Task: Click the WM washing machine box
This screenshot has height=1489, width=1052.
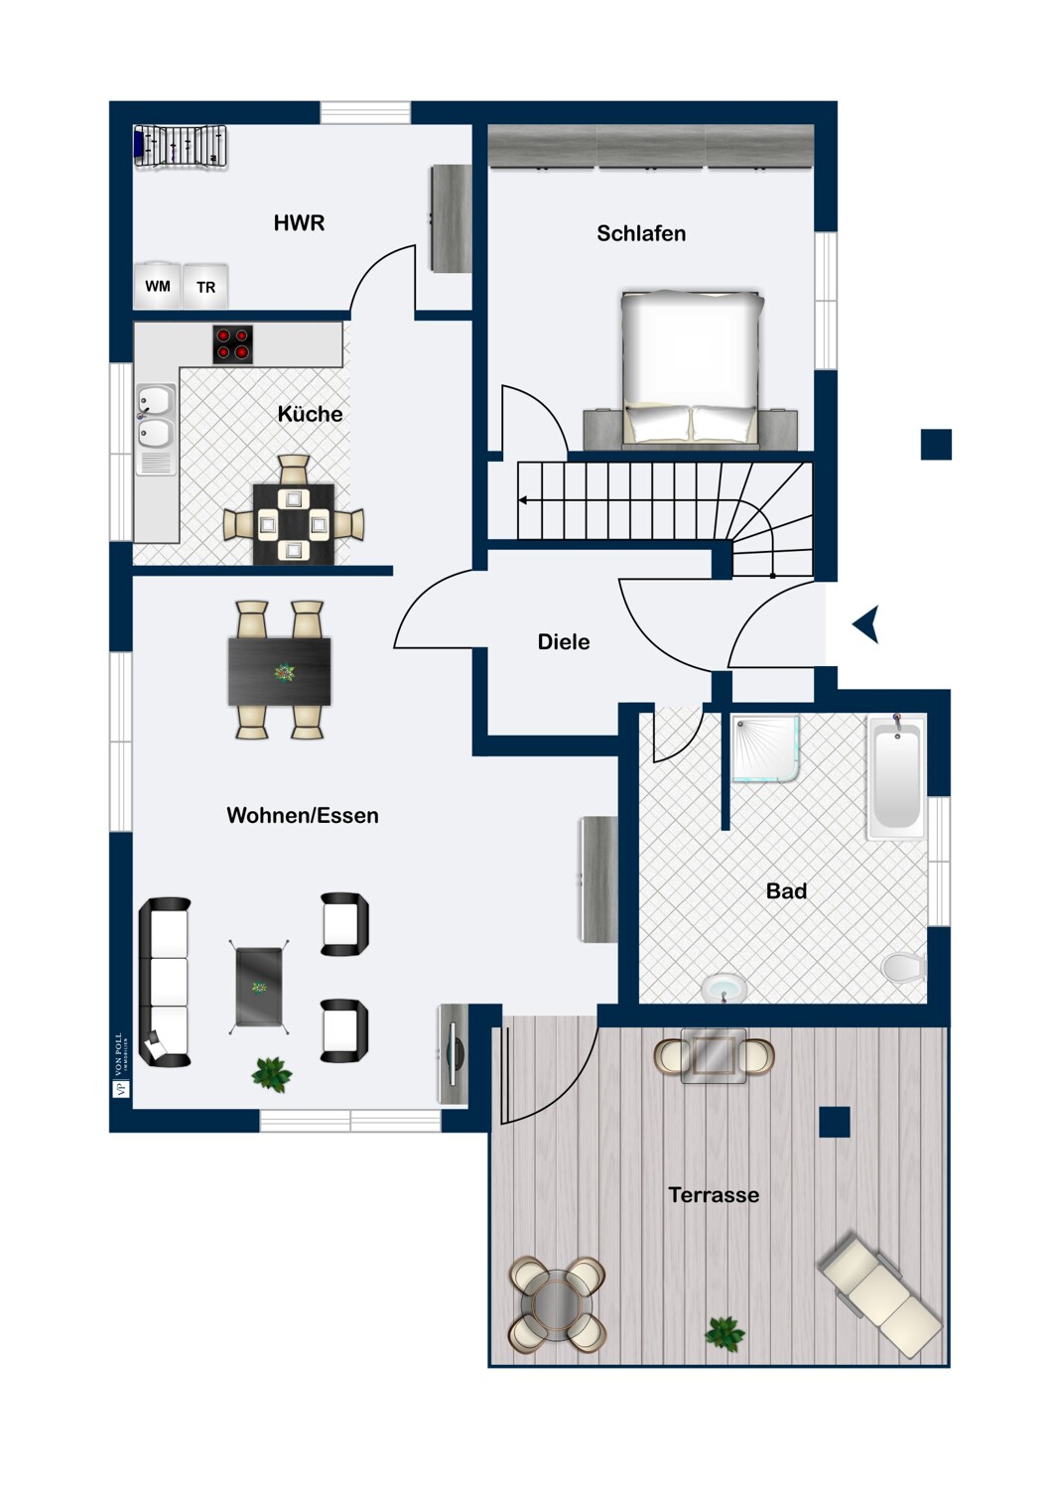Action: click(x=158, y=287)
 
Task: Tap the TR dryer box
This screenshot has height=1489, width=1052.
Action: click(x=205, y=288)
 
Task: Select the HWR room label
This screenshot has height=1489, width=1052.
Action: click(x=299, y=223)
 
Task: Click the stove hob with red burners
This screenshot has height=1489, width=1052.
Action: click(x=233, y=344)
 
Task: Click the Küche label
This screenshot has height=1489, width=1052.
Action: click(x=310, y=414)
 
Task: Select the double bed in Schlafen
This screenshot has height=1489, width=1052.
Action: click(x=691, y=366)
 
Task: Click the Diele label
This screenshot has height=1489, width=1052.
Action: click(x=563, y=642)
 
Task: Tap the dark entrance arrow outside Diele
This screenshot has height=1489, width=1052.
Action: click(x=866, y=625)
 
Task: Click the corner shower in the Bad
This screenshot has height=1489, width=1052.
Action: click(x=765, y=749)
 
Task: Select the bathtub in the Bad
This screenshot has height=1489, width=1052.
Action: click(x=896, y=777)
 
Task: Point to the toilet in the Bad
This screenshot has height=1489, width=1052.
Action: click(x=904, y=967)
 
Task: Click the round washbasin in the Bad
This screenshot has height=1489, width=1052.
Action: click(x=724, y=988)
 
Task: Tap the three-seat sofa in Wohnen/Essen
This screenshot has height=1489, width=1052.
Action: click(x=164, y=982)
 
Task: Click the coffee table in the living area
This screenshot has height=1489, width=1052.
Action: click(x=259, y=987)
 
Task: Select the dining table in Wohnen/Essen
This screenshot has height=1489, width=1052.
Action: click(x=280, y=671)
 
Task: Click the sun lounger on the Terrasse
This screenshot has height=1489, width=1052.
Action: click(x=879, y=1293)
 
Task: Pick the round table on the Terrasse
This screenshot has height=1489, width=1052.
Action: click(x=557, y=1303)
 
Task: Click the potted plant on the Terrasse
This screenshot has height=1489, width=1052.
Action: click(x=724, y=1333)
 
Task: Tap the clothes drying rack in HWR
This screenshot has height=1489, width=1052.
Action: click(x=181, y=146)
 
